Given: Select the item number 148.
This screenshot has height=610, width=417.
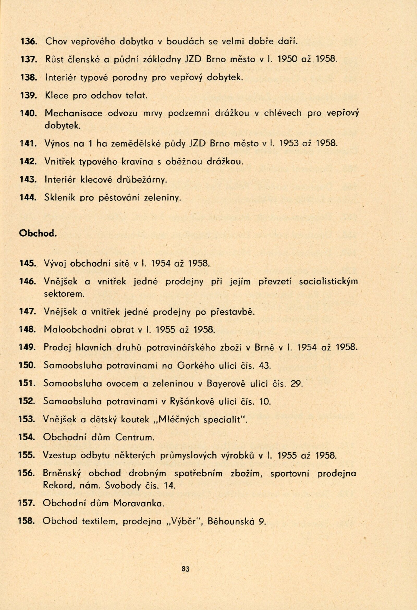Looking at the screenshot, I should pyautogui.click(x=27, y=330).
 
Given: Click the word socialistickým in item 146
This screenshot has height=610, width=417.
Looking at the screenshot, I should pyautogui.click(x=328, y=282).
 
